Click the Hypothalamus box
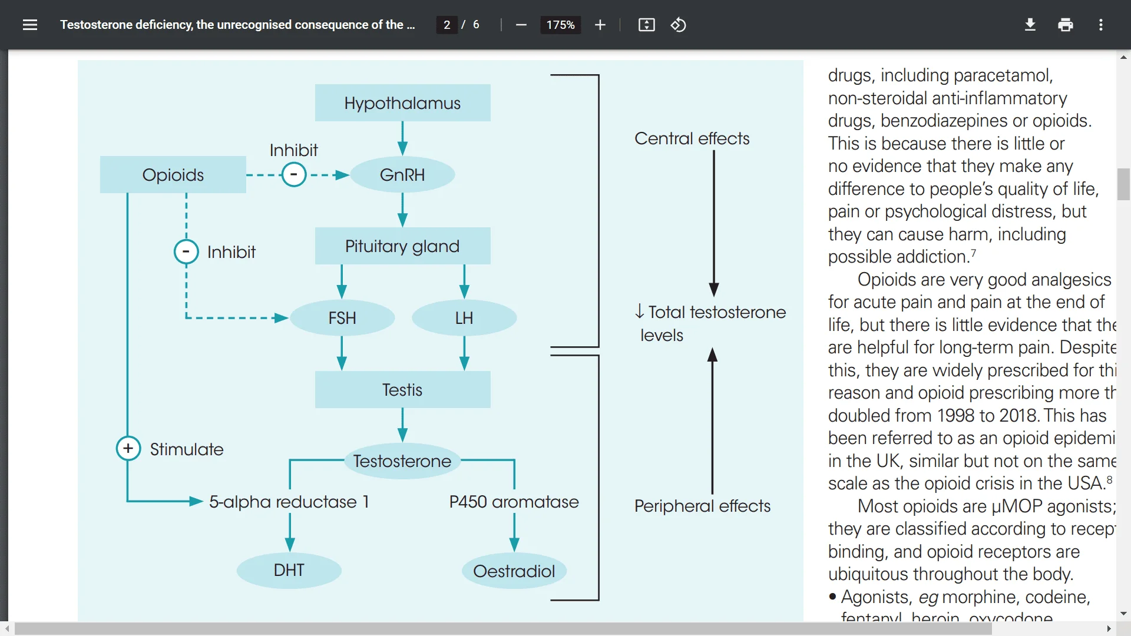[x=402, y=103]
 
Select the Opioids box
[x=173, y=175]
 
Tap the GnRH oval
[x=402, y=175]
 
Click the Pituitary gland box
[x=402, y=246]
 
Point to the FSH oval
[x=342, y=318]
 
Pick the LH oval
[x=464, y=318]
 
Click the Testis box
[x=402, y=390]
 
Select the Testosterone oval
[x=402, y=461]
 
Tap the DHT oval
[x=289, y=570]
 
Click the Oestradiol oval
[x=514, y=571]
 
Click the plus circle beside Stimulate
[x=128, y=449]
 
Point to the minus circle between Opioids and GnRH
[x=293, y=175]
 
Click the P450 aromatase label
[x=514, y=502]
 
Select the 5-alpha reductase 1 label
[x=289, y=502]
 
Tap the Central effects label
[x=692, y=138]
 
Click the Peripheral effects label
[x=702, y=506]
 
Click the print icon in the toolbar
[x=1065, y=25]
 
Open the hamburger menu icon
[x=30, y=25]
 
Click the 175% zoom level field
[x=560, y=25]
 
